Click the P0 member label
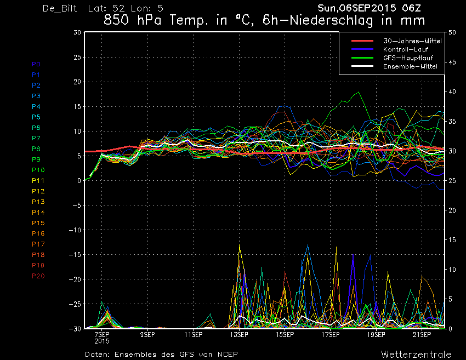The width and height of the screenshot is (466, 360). click(x=36, y=64)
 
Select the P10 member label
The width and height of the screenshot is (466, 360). click(x=38, y=170)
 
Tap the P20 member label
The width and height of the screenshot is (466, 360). click(x=38, y=276)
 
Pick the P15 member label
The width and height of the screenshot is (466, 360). click(x=38, y=223)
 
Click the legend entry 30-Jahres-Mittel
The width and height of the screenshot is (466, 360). click(x=412, y=41)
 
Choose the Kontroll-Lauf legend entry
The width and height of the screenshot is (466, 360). click(x=405, y=49)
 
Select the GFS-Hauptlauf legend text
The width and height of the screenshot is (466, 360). click(x=408, y=58)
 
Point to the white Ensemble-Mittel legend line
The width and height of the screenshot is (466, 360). click(x=362, y=66)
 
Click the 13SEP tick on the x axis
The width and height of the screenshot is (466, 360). click(x=239, y=335)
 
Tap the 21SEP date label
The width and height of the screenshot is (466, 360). click(x=422, y=335)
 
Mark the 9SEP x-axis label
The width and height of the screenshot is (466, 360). click(x=147, y=335)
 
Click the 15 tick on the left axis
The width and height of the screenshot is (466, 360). click(x=77, y=106)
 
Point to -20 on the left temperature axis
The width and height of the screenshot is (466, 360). click(x=75, y=279)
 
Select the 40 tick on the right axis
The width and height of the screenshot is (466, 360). click(x=452, y=92)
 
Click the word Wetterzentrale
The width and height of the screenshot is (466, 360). click(x=416, y=355)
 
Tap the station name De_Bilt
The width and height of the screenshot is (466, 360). click(x=60, y=8)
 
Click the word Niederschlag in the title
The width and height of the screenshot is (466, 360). click(x=331, y=20)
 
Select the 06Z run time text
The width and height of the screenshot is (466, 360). click(x=411, y=8)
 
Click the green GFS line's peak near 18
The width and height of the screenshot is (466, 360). click(x=359, y=92)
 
